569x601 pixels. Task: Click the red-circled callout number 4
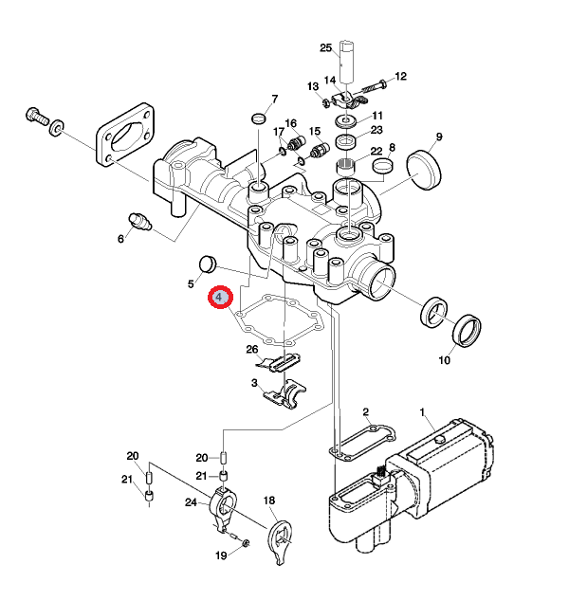220,298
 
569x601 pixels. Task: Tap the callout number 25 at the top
325,47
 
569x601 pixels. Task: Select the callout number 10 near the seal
444,360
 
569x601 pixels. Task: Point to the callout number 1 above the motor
423,412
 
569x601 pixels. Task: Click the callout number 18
268,500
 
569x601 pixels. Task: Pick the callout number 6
120,238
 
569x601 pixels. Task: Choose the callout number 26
252,350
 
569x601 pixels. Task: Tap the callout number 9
438,137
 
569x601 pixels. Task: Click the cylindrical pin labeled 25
349,61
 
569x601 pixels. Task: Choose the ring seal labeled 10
468,331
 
